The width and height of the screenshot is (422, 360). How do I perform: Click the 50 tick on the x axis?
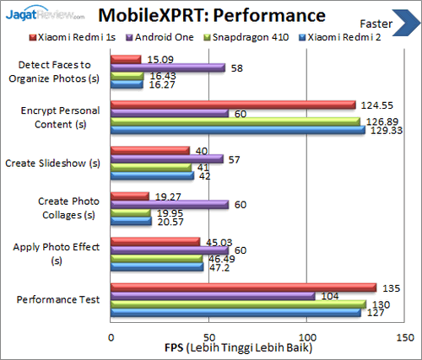point(208,334)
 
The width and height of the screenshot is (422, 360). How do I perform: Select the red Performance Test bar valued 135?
point(243,287)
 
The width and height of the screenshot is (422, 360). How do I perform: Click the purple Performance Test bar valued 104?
point(213,295)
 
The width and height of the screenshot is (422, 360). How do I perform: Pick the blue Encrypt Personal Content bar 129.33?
point(237,130)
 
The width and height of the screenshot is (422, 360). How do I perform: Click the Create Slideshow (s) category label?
point(52,163)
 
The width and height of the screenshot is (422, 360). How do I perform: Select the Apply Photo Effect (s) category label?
point(57,254)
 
